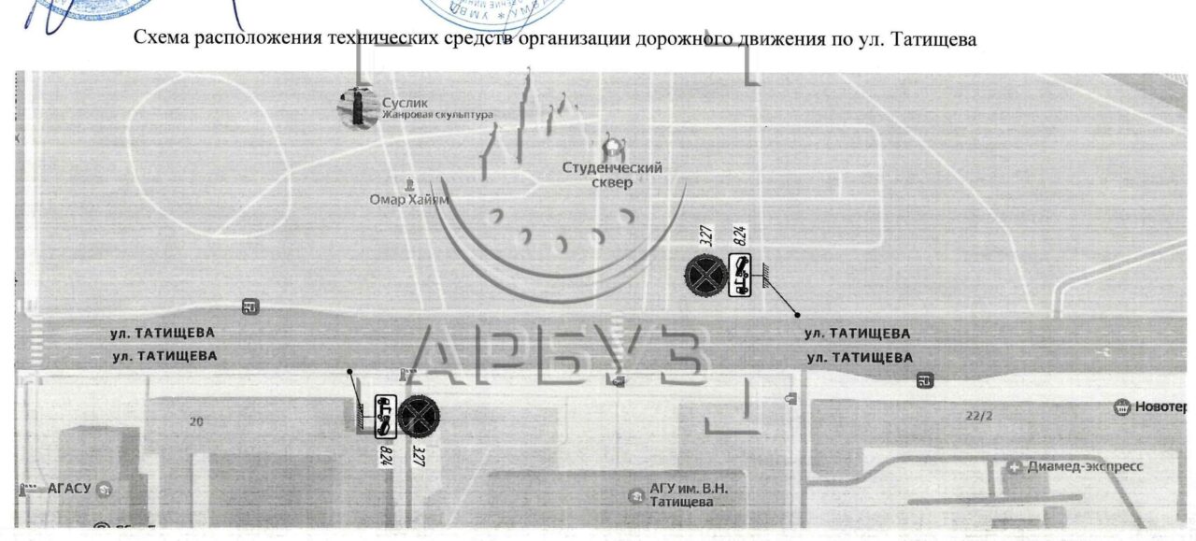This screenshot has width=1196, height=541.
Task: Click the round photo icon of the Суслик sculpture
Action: point(356,107)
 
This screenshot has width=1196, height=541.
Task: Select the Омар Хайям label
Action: point(409,199)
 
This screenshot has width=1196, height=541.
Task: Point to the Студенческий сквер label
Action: point(612,175)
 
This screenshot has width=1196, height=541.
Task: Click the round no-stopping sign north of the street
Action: point(704,275)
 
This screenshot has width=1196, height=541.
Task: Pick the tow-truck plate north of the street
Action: point(739,275)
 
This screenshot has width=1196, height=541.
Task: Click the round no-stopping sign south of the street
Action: point(418,416)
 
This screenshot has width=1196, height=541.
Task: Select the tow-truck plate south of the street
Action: point(384,416)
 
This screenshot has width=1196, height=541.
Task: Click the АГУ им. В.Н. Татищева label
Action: point(689,495)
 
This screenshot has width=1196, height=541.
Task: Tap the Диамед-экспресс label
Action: point(1084,466)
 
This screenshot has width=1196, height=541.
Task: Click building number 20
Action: point(196,421)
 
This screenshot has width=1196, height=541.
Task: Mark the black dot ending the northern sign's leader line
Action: point(797,315)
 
